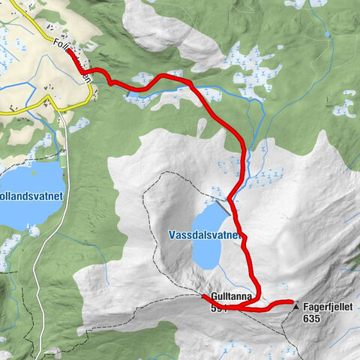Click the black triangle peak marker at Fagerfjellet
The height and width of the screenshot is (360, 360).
pyautogui.click(x=297, y=307)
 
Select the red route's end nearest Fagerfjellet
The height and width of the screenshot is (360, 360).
pyautogui.click(x=290, y=302)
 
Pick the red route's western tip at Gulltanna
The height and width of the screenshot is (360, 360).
pyautogui.click(x=204, y=297)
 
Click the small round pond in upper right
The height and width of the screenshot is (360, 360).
pyautogui.click(x=327, y=34)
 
